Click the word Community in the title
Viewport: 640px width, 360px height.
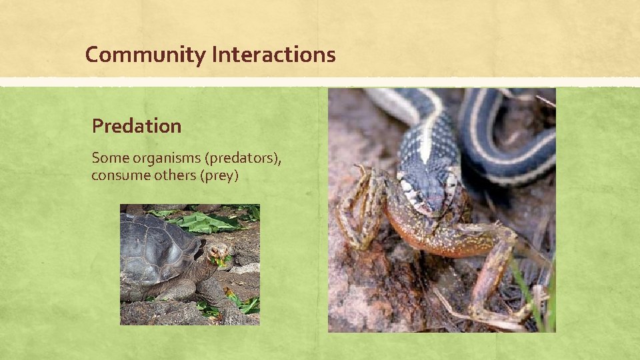click(x=145, y=55)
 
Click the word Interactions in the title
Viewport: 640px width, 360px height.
click(x=273, y=54)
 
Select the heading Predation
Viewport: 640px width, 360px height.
click(x=137, y=125)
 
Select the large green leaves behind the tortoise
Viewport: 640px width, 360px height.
click(x=203, y=223)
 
